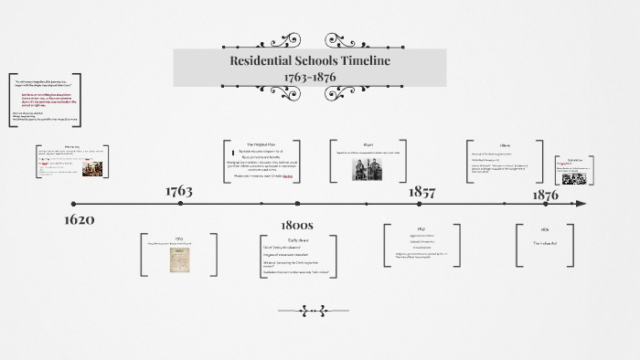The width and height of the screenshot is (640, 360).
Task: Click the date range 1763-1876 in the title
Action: [310, 76]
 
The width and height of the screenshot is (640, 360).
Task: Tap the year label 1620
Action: [80, 220]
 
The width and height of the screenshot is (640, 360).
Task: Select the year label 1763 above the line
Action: [178, 191]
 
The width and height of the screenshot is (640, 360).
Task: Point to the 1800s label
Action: [297, 224]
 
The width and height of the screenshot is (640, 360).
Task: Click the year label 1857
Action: [421, 192]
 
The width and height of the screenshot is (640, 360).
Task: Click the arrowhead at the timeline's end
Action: [581, 204]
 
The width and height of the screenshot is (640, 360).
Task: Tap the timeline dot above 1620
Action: [74, 204]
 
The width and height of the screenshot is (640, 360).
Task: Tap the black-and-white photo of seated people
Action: [368, 169]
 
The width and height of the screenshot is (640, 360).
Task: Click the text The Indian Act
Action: [545, 243]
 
